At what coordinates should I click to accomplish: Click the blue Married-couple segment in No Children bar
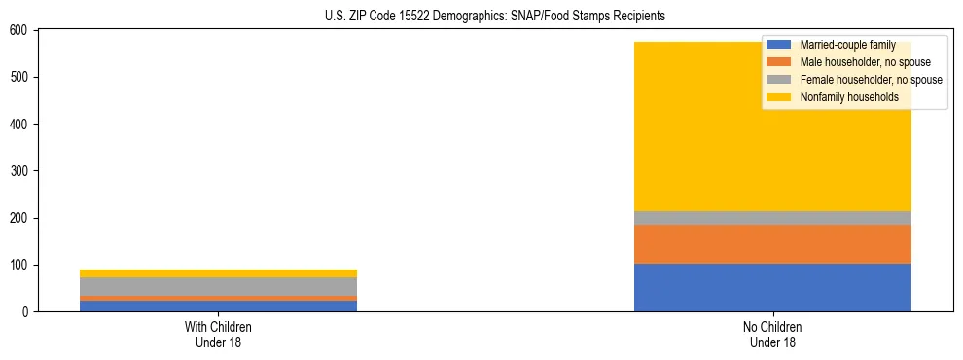tap(772, 287)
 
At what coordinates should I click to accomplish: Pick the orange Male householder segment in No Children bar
tap(772, 244)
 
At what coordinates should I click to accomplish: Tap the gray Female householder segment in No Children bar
tap(772, 218)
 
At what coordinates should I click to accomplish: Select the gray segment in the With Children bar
tap(218, 286)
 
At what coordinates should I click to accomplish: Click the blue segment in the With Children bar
tap(218, 306)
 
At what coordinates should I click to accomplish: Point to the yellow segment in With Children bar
tap(218, 273)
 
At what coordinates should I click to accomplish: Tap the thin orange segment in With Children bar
tap(218, 298)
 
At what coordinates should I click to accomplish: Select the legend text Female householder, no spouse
tap(871, 80)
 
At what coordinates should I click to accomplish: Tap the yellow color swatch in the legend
tap(779, 97)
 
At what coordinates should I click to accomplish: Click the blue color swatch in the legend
tap(779, 46)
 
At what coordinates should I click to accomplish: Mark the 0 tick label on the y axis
tap(27, 312)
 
